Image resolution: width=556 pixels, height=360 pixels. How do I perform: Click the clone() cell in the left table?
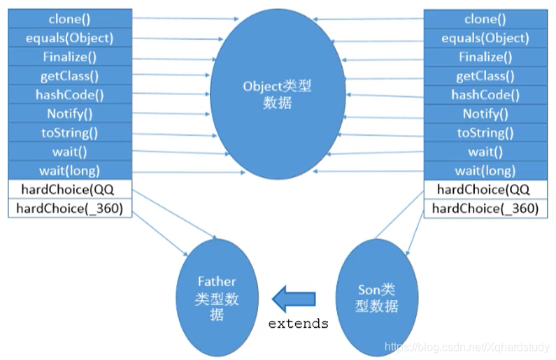[70, 19]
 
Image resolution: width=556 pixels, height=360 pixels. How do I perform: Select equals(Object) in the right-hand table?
[485, 38]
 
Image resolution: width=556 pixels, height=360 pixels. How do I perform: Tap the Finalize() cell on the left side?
[70, 57]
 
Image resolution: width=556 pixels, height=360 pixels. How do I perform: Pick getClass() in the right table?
[485, 76]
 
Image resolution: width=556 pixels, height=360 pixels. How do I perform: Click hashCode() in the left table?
[70, 94]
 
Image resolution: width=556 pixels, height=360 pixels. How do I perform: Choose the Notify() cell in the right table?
[485, 114]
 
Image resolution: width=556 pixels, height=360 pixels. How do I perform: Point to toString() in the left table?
[70, 132]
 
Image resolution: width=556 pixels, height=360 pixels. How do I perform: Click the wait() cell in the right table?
[485, 152]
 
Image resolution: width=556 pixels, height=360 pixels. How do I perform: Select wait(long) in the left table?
[70, 170]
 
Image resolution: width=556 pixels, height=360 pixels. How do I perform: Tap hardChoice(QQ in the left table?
[70, 189]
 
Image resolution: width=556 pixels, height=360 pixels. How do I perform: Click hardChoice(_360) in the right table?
[485, 208]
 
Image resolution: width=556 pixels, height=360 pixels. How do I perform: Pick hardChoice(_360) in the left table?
[70, 208]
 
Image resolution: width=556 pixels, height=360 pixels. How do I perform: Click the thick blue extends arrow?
[293, 299]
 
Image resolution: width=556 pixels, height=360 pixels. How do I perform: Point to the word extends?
[299, 324]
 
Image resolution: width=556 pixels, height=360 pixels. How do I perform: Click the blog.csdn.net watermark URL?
[469, 346]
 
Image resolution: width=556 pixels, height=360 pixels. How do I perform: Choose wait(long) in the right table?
[485, 171]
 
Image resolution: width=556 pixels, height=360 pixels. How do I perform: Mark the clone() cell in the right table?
[485, 19]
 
